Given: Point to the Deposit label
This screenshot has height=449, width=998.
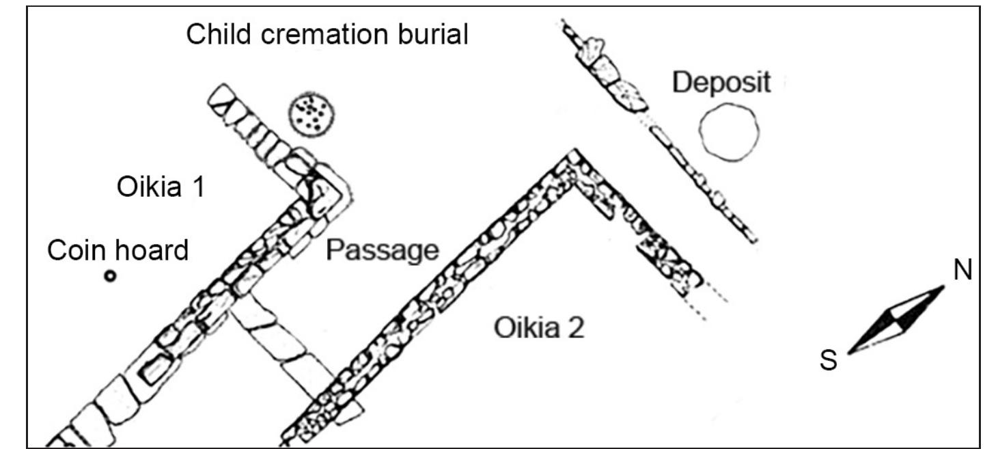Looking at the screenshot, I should point(721,83).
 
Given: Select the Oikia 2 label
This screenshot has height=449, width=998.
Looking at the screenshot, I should point(539,330).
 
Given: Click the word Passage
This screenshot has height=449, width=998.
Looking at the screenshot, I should point(381,251).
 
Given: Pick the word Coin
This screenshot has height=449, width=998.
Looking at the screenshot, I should point(77,251).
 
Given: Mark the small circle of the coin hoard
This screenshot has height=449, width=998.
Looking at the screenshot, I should point(109,276).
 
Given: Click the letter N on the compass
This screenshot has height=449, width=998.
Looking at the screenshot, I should point(962,272).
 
